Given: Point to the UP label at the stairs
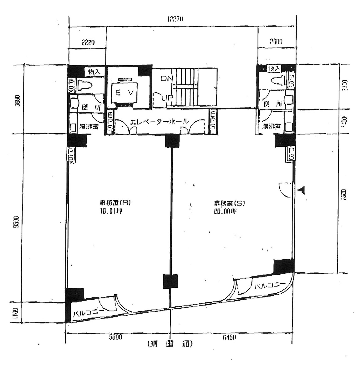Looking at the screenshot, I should [x=167, y=97].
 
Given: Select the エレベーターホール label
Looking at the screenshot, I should [x=160, y=122].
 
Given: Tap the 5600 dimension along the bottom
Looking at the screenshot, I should [x=116, y=337].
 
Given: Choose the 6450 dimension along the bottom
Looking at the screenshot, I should [x=229, y=337].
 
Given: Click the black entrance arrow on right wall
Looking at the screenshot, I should [x=302, y=190].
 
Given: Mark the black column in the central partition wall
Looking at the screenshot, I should [x=170, y=281].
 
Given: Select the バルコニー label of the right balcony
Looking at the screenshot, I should [x=269, y=285].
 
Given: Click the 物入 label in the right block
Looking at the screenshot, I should [x=275, y=68].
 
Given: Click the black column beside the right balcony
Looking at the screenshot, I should [x=283, y=266].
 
